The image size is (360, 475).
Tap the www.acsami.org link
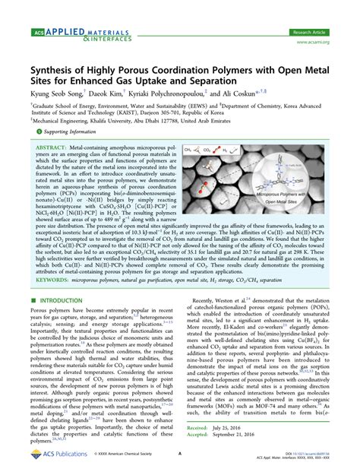click(x=333, y=22)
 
